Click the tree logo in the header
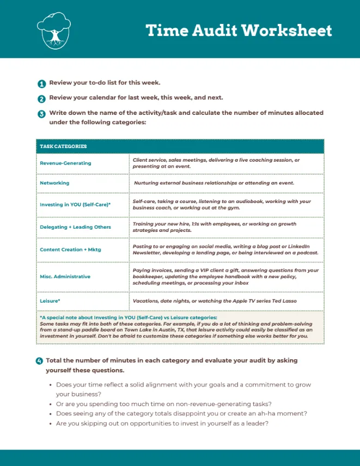[x=54, y=30]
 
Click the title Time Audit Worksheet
[x=239, y=30]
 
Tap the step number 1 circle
[x=41, y=84]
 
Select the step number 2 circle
[x=41, y=99]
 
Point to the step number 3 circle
[x=41, y=114]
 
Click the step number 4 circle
[x=39, y=361]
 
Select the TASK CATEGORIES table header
[x=63, y=146]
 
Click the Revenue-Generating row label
[x=65, y=163]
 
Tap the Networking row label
[x=54, y=183]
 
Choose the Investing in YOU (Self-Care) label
[x=75, y=205]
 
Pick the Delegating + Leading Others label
[x=75, y=227]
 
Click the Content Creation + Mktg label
[x=70, y=249]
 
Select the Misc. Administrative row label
[x=65, y=277]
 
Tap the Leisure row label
[x=50, y=301]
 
